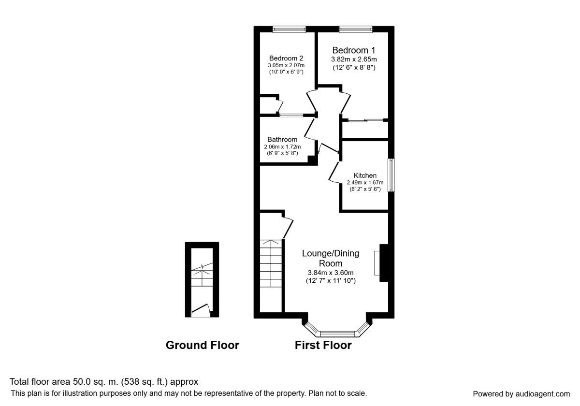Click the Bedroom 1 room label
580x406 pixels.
353,50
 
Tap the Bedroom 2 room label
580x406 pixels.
286,58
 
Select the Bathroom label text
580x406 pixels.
282,140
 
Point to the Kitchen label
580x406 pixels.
365,175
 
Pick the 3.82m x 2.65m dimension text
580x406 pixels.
353,59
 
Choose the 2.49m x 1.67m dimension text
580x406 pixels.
365,182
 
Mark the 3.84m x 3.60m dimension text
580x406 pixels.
331,273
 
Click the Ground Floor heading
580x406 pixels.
202,345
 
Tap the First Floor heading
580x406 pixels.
323,345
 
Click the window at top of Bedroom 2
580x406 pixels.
289,29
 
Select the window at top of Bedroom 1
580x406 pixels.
356,29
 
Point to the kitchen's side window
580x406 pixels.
391,175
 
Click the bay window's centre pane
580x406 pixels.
337,333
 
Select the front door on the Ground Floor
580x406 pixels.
201,311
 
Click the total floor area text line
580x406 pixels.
104,382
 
